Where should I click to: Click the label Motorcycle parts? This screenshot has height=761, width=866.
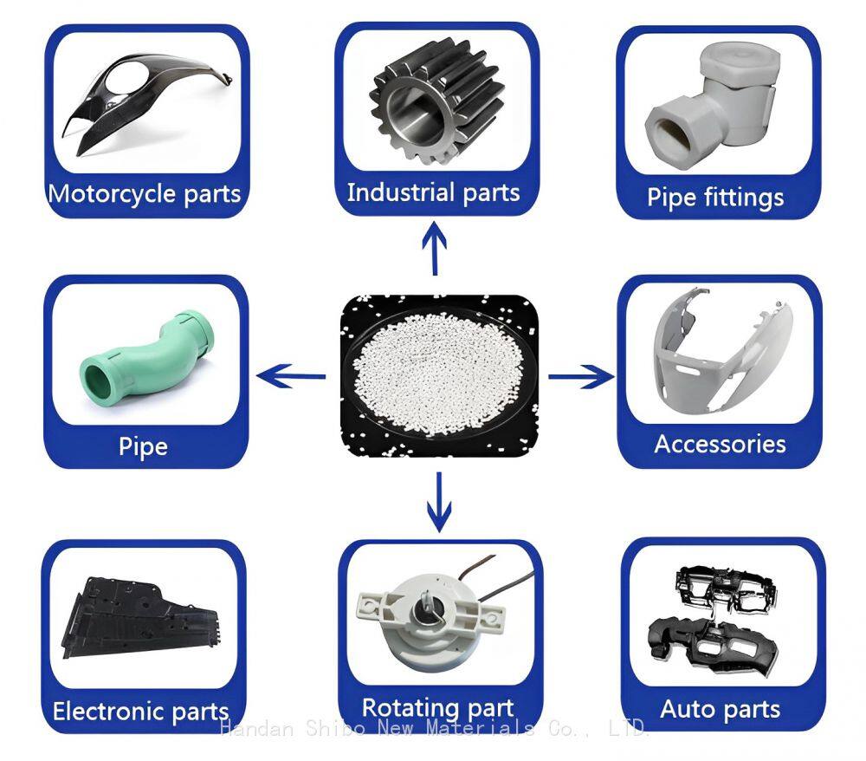tap(144, 194)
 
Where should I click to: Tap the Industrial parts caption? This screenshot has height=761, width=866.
tap(434, 192)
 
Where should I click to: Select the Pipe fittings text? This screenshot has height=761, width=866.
tap(715, 198)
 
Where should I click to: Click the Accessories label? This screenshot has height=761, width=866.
tap(720, 445)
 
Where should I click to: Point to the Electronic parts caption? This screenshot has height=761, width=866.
tap(141, 712)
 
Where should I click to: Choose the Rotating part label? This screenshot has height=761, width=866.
tap(437, 708)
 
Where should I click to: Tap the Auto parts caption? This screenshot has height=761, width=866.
tap(721, 709)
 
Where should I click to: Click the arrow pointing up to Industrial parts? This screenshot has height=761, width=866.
tap(435, 248)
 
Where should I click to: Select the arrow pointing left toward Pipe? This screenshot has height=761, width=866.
tap(291, 376)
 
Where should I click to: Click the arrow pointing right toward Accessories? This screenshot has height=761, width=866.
tap(581, 376)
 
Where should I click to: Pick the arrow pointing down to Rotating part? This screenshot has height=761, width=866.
tap(439, 502)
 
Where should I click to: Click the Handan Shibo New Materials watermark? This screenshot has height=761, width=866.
tap(434, 728)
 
